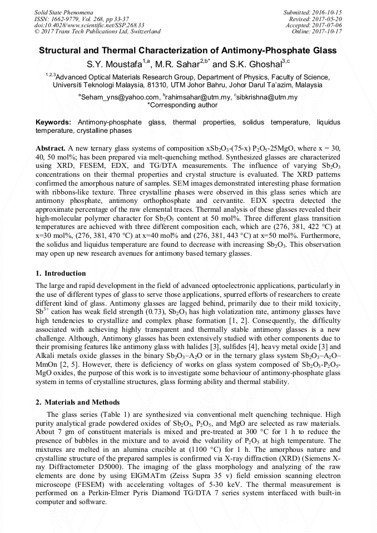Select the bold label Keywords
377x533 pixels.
point(53,122)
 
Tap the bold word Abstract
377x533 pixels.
point(51,150)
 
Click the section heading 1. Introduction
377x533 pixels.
point(61,273)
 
